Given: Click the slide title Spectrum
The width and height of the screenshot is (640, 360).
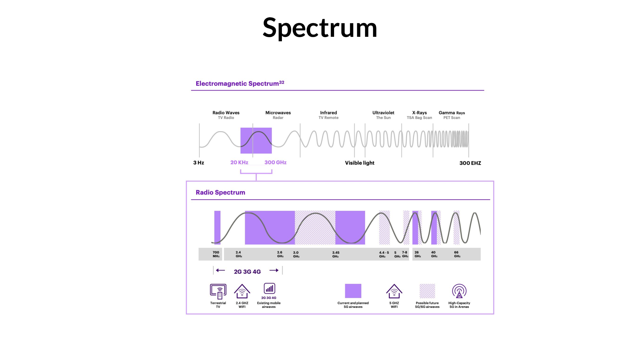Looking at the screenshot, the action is point(320,28).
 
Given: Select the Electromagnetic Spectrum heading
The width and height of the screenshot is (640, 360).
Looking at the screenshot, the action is point(240,84).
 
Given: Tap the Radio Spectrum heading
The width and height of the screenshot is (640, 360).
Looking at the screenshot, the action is point(220,192).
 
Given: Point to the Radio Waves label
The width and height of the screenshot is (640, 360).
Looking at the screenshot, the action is point(226,113).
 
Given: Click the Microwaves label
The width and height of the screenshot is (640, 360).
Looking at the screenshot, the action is point(278,113).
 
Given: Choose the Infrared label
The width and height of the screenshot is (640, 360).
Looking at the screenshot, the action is point(329,113).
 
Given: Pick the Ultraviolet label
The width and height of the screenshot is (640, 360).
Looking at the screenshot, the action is point(383,113).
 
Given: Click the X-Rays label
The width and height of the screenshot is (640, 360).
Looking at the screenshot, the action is point(420,113).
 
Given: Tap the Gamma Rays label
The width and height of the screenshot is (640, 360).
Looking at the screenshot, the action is point(452,113).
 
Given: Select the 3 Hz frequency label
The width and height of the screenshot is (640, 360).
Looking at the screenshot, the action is point(199,163).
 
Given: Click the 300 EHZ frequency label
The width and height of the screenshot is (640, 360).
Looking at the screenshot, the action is point(470,163).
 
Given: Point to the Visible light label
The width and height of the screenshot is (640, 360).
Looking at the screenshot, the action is point(360,163).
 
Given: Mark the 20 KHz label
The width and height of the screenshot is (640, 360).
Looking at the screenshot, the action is point(239,162).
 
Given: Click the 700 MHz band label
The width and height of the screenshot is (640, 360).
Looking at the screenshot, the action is point(216,254).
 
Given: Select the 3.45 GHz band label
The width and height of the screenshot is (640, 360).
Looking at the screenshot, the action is point(336,254).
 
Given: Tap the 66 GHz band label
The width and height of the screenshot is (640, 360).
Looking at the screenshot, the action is point(457,254).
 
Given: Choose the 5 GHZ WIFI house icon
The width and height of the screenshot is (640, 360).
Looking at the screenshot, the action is point(394,291).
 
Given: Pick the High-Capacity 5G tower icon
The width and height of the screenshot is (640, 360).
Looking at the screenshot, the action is point(459,291).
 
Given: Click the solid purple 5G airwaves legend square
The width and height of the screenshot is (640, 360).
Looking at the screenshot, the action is point(353,291).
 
